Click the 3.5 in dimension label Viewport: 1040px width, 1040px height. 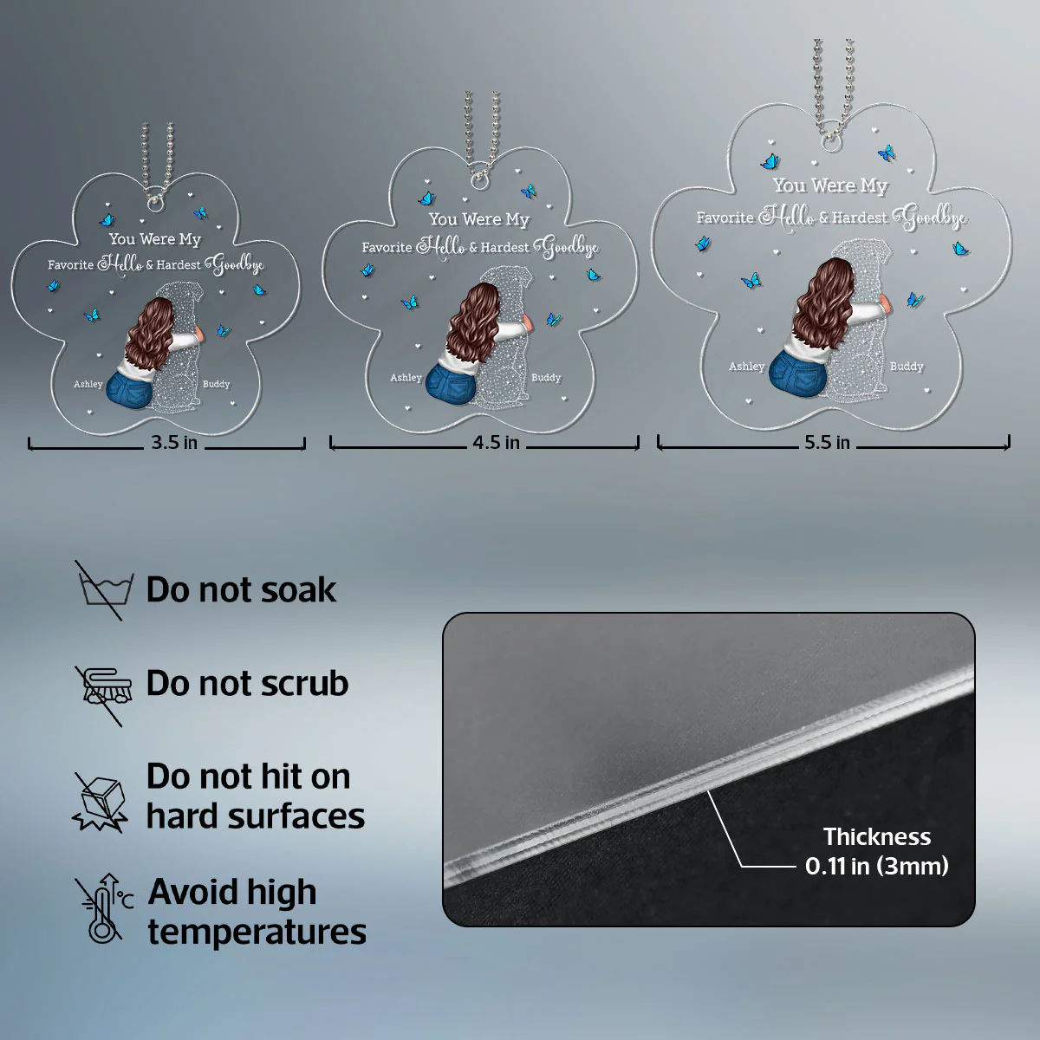[x=174, y=443]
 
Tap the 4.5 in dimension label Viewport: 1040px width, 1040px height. [x=496, y=443]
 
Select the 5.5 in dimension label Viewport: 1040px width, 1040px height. [x=827, y=443]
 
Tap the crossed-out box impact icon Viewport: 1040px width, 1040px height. [x=101, y=802]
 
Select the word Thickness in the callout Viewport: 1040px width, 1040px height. [x=877, y=837]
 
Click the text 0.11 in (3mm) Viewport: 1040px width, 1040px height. [x=877, y=866]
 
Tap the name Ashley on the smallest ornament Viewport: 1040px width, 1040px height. [x=88, y=384]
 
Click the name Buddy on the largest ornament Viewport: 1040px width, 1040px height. [x=907, y=367]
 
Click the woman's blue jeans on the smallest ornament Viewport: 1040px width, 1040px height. [x=129, y=388]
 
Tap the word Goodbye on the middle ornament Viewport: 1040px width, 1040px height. [x=566, y=247]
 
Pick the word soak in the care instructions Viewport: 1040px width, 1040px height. [x=298, y=589]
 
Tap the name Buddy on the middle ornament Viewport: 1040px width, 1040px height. [x=546, y=378]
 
